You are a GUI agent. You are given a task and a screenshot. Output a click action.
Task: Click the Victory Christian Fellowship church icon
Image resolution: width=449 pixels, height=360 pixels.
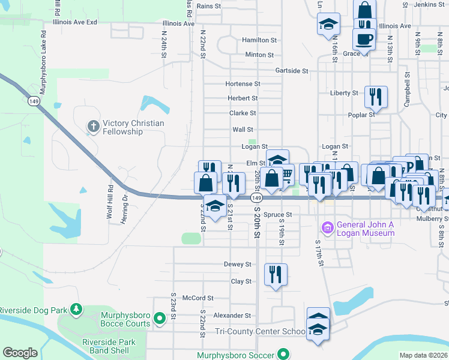tap(93, 126)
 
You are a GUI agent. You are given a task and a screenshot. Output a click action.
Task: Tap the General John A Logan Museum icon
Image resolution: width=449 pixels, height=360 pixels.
tap(328, 228)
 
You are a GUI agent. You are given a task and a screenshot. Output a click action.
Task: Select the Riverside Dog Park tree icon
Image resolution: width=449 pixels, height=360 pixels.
tap(76, 310)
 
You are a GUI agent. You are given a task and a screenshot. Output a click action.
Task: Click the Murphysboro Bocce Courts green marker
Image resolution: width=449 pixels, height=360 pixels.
tap(160, 319)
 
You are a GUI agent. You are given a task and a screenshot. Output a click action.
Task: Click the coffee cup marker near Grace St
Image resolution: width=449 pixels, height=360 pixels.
tap(364, 40)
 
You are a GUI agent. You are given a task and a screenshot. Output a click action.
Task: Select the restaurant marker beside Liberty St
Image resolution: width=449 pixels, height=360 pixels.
tap(376, 96)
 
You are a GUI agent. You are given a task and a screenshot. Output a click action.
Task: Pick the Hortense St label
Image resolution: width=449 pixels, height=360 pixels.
tap(243, 84)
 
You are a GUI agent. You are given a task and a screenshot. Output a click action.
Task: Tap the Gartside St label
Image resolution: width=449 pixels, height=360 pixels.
tap(292, 71)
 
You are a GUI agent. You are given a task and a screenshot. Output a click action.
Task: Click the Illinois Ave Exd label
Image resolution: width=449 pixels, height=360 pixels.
tap(74, 22)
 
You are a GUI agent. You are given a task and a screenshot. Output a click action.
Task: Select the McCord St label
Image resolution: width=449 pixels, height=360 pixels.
tap(198, 298)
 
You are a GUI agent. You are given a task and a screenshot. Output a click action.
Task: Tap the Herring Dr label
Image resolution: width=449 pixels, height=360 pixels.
tap(126, 205)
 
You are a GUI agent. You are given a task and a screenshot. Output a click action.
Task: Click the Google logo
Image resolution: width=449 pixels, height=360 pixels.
tap(20, 353)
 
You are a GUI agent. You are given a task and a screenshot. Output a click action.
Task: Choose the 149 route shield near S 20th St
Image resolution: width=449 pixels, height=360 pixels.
tap(256, 197)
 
